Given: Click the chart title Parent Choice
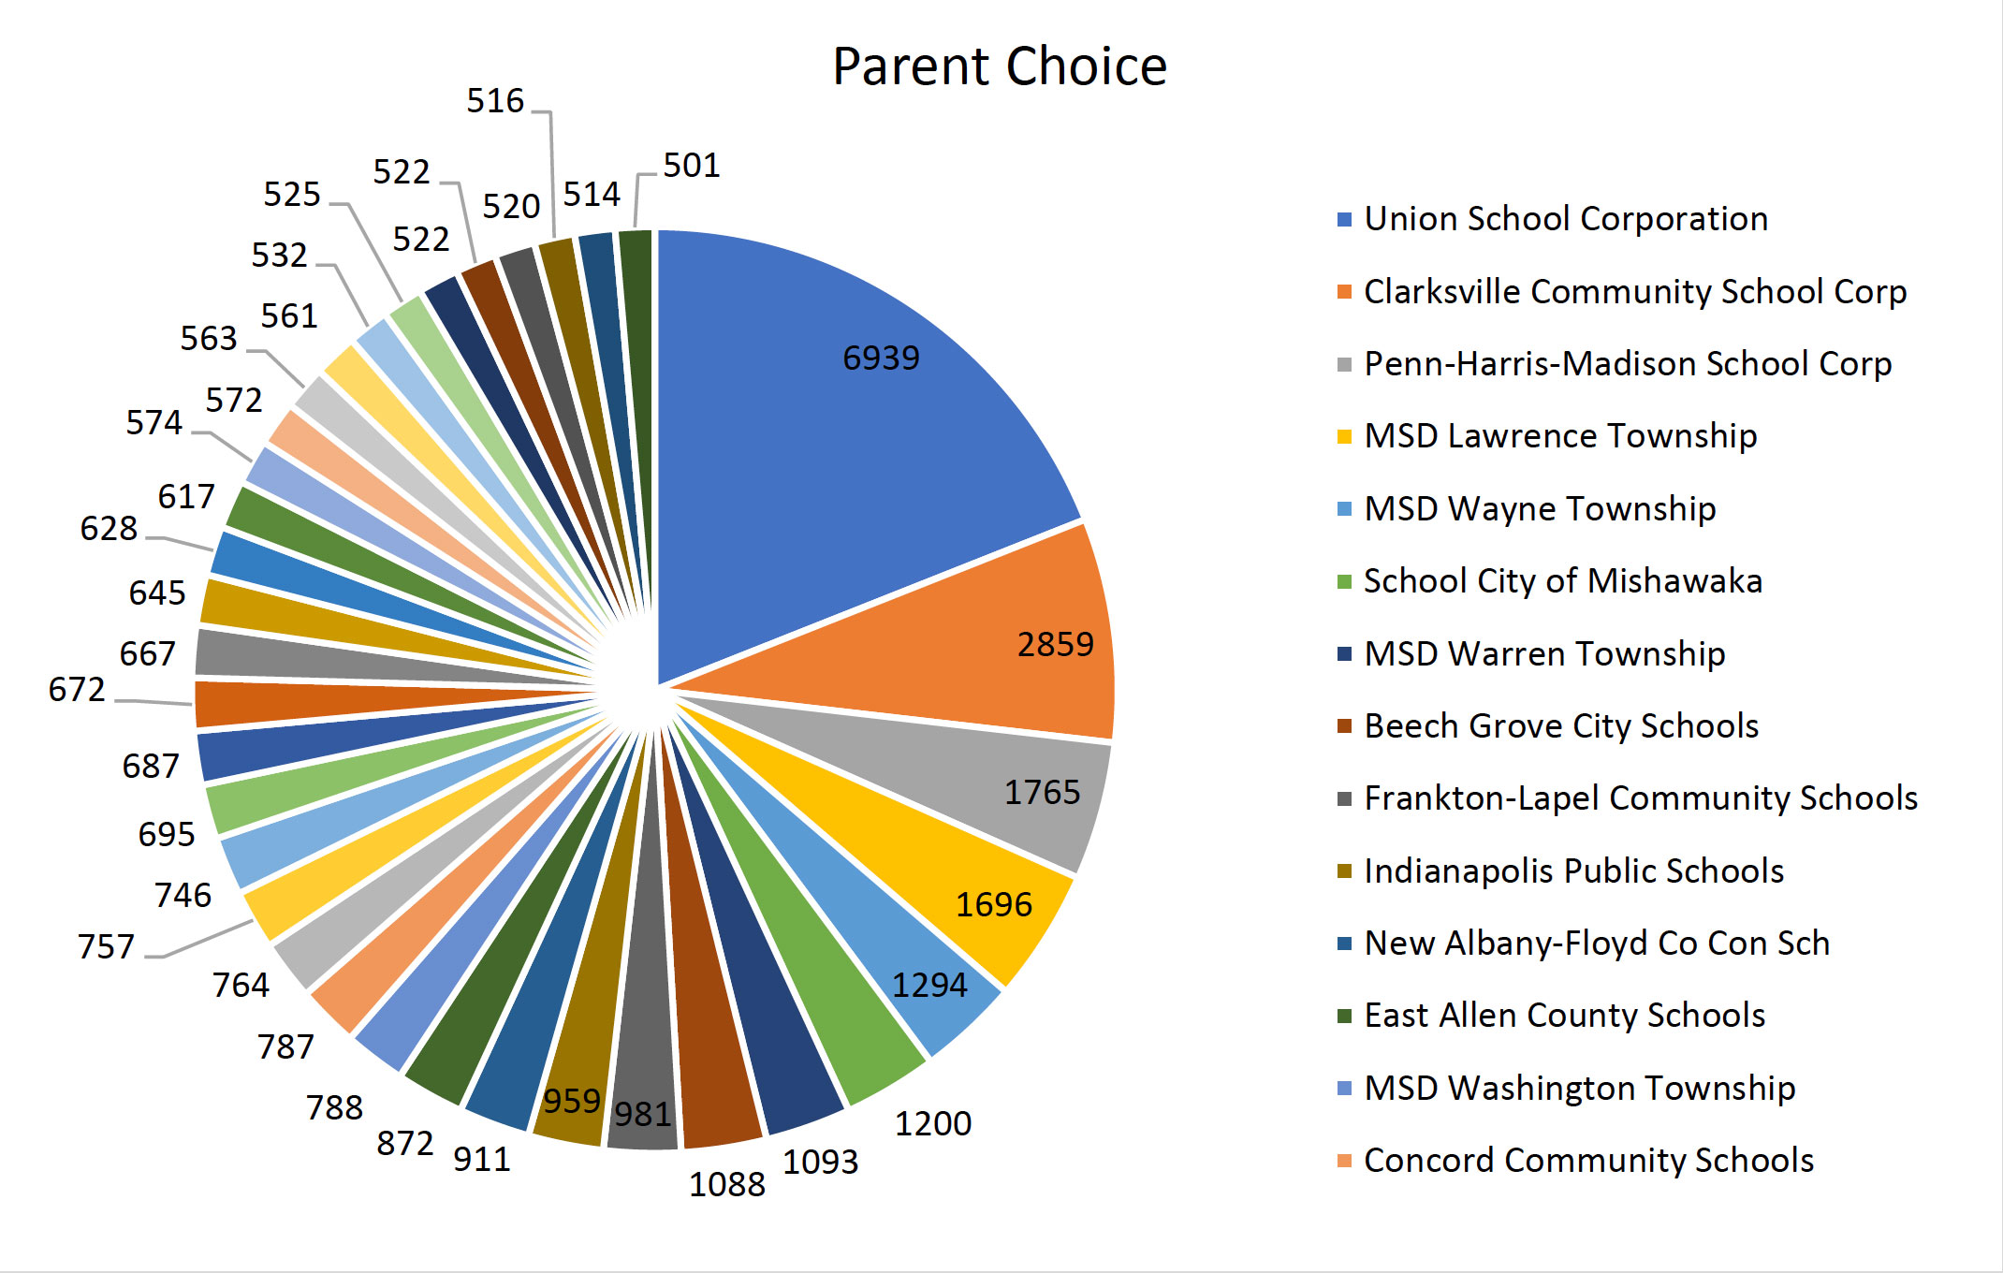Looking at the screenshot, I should tap(1000, 66).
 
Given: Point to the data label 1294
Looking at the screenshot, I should tap(928, 985).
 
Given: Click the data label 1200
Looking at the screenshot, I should tap(932, 1123).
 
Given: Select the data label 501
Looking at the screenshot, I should tap(692, 166).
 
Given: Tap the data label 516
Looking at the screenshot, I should tap(495, 101).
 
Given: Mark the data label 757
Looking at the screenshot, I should tap(106, 946).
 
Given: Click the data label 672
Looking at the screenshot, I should tap(77, 690).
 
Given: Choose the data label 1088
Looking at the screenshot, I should tap(727, 1184).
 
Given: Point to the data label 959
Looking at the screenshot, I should tap(572, 1101).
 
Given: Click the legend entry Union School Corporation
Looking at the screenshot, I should tap(1565, 219).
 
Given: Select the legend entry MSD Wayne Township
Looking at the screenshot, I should tap(1539, 509).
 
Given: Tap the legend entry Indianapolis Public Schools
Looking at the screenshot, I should tap(1573, 871).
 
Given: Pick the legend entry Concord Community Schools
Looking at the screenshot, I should tap(1587, 1161).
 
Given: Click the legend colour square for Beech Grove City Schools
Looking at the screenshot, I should tap(1345, 726).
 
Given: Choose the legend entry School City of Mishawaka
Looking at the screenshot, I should tap(1562, 581).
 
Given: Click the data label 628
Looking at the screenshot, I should tap(109, 529).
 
